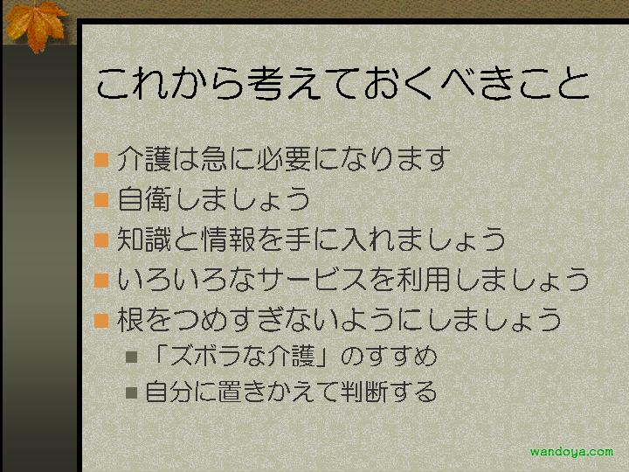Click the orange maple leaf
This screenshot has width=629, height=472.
point(36,24)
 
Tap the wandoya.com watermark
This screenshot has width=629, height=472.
point(571,452)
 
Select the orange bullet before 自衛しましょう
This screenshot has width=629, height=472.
point(101,199)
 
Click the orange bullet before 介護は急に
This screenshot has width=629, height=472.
point(101,159)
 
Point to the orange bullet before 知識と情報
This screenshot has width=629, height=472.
point(101,240)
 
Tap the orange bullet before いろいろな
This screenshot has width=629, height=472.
point(101,281)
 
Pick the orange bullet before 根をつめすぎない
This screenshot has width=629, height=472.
point(101,321)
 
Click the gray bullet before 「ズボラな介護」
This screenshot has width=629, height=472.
point(132,357)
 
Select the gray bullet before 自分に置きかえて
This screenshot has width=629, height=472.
point(132,392)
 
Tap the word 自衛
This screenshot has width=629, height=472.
point(144,198)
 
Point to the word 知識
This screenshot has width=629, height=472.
point(144,239)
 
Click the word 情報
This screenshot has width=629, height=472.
point(229,239)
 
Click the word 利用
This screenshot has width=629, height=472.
point(424,280)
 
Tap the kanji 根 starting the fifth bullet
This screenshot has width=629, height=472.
point(130,320)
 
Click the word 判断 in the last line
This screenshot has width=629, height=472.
point(364,392)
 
